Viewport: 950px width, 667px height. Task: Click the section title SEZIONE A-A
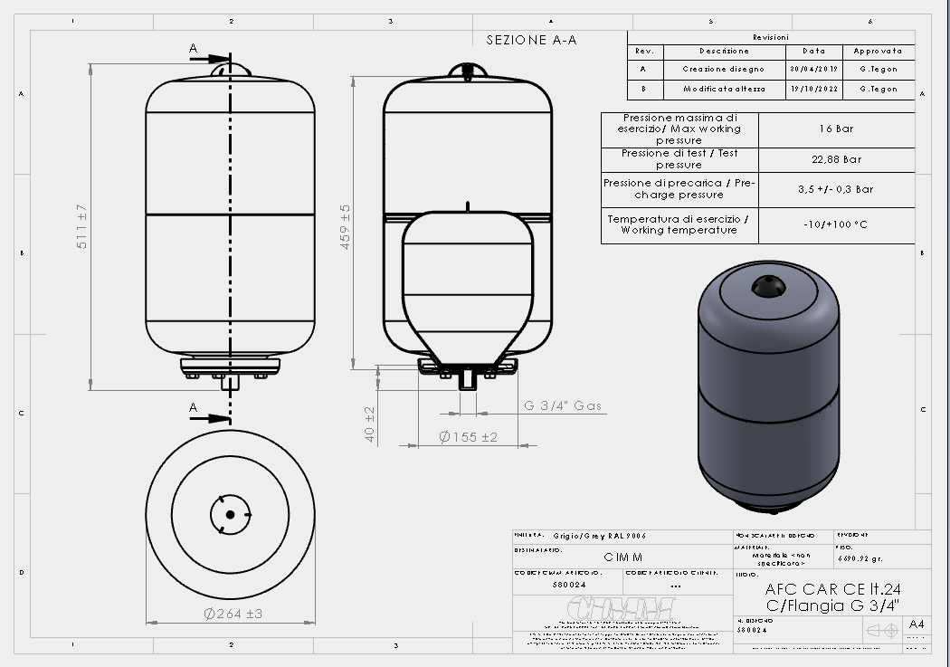click(x=531, y=40)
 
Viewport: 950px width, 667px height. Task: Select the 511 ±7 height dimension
click(x=81, y=226)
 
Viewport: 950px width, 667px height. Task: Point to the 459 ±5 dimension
click(x=345, y=226)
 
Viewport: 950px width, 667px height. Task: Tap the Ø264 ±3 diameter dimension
click(x=233, y=614)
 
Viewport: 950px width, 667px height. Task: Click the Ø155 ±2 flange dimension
click(x=468, y=437)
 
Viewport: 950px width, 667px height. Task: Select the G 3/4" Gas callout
click(x=563, y=406)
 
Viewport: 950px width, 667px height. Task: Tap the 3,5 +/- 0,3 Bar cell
click(x=835, y=189)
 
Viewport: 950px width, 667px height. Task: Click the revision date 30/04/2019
click(x=814, y=69)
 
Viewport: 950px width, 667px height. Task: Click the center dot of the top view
click(x=230, y=515)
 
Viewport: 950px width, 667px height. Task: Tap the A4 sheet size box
click(x=917, y=624)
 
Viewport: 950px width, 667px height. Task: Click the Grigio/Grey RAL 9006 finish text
click(x=600, y=535)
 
